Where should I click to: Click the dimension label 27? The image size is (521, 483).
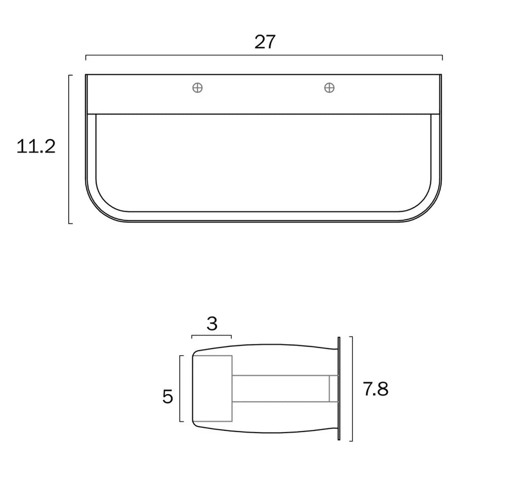click(265, 42)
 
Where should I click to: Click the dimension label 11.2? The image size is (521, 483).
click(36, 146)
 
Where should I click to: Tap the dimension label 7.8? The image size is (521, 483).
click(376, 389)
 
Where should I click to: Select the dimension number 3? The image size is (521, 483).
click(212, 324)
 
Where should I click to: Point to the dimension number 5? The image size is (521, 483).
click(168, 397)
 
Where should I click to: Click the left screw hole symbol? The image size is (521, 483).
click(197, 88)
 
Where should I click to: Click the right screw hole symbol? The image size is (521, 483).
click(329, 88)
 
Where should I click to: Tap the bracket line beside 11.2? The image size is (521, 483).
click(69, 150)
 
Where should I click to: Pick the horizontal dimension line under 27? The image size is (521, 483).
click(264, 55)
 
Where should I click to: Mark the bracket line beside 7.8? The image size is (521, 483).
click(352, 389)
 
